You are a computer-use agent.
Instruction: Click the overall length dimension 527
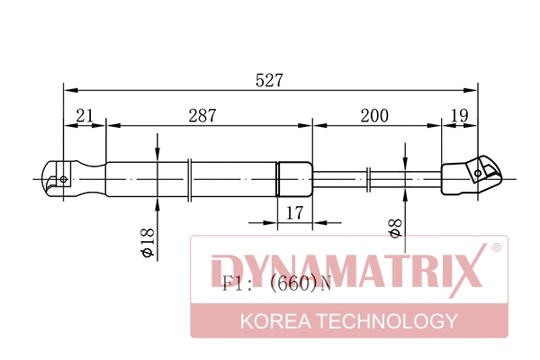click(x=269, y=79)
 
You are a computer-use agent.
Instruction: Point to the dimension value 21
click(x=85, y=115)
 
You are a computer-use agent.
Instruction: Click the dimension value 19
click(x=458, y=115)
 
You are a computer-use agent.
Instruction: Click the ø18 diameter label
click(x=148, y=243)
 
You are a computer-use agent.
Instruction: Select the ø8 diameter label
click(x=393, y=227)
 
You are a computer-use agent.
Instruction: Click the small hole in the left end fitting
click(x=63, y=178)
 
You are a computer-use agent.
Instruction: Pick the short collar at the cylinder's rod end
click(x=293, y=177)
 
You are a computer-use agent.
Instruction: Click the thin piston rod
click(x=378, y=177)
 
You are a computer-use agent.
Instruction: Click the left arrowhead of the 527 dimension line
click(x=69, y=90)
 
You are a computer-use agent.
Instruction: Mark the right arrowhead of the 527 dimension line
click(x=471, y=90)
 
